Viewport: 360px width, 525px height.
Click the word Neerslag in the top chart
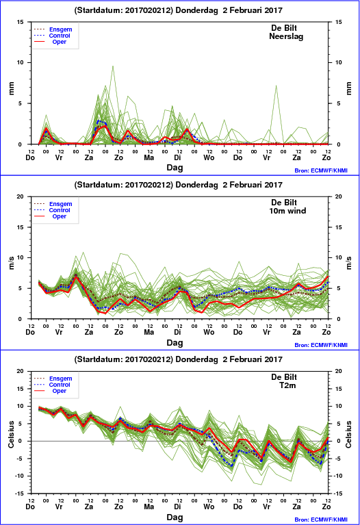tap(286, 36)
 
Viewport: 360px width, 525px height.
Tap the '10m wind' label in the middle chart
tap(287, 211)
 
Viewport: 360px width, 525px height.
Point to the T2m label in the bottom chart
tap(287, 385)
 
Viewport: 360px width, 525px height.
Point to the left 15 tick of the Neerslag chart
tap(20, 22)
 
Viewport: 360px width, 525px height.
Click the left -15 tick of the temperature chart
tap(19, 494)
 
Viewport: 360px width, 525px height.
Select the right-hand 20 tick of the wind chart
tap(338, 196)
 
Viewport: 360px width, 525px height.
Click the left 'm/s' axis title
tap(11, 263)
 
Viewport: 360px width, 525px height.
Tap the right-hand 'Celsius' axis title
tap(348, 434)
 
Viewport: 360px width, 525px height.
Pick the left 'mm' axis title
tap(11, 88)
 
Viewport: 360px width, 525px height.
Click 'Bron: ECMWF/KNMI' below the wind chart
tap(321, 345)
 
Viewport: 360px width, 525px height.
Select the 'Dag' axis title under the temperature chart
tap(175, 517)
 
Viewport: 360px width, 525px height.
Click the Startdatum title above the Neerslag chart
tap(178, 10)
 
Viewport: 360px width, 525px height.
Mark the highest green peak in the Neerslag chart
tap(113, 66)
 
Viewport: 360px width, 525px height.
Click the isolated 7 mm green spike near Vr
tap(277, 86)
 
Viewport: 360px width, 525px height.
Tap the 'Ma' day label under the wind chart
tap(149, 332)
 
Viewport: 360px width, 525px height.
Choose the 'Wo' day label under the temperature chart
tap(209, 507)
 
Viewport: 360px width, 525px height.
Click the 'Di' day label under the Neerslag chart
tap(177, 157)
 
